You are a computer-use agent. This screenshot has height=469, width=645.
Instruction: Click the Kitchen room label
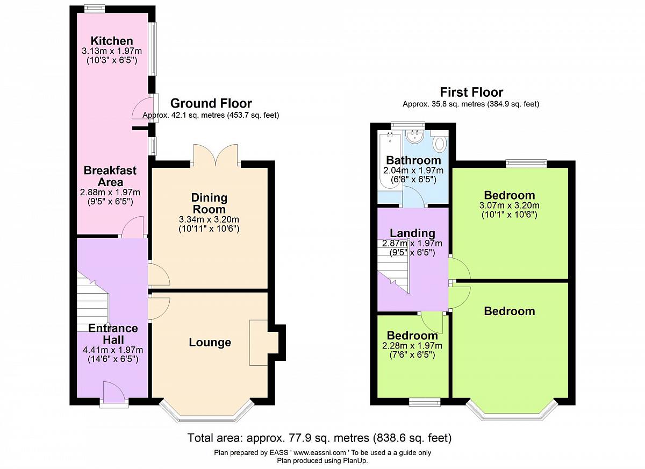(x=112, y=41)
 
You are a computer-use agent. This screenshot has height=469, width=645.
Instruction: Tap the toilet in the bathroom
(x=440, y=142)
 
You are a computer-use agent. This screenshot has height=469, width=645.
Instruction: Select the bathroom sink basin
(x=414, y=136)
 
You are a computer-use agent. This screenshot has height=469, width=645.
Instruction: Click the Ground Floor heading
(x=211, y=103)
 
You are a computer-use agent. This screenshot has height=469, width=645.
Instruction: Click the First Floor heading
(x=471, y=93)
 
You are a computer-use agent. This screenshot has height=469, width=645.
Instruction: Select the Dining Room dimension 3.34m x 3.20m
(x=209, y=219)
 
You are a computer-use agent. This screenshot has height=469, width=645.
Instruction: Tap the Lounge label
(x=210, y=342)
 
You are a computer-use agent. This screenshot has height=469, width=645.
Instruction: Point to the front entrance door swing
(x=114, y=392)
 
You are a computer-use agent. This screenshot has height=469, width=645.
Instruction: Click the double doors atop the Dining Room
(x=216, y=155)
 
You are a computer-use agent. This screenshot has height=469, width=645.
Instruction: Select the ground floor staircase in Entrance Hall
(x=92, y=302)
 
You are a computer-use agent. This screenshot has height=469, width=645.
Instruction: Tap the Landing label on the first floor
(x=413, y=233)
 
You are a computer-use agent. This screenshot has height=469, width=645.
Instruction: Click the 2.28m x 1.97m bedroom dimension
(x=412, y=345)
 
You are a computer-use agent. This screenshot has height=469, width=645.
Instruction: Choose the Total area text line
(x=319, y=438)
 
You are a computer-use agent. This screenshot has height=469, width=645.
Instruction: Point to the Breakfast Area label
(x=110, y=176)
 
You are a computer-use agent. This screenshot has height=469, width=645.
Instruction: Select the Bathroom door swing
(x=413, y=197)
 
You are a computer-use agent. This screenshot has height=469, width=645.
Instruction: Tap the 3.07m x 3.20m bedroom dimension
(x=510, y=205)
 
